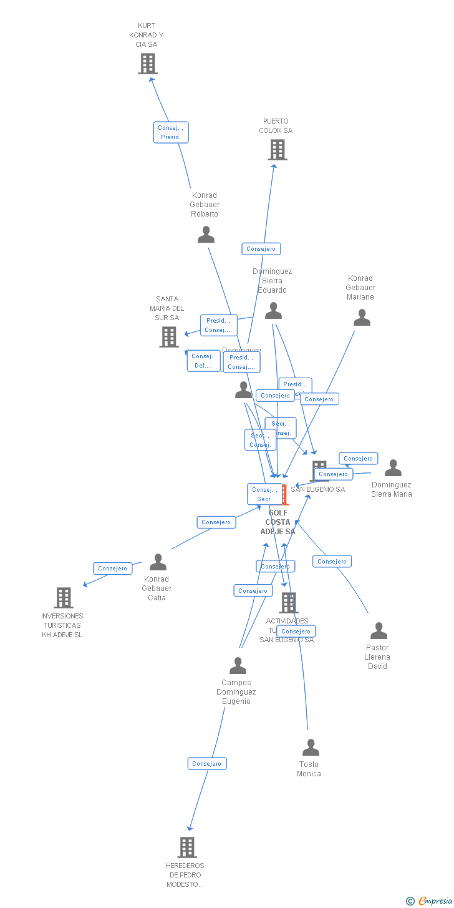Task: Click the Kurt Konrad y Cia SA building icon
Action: pos(148,64)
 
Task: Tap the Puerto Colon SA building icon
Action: pos(278,150)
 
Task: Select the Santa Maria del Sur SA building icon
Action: pos(169,337)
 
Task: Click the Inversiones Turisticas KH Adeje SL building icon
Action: pos(64,598)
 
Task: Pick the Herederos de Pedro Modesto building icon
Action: pos(187,847)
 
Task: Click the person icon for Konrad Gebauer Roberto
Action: pos(206,235)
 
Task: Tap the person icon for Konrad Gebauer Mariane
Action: pos(362,318)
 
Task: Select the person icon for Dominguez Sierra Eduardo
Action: pos(273,311)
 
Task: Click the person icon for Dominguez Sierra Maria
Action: pos(393,468)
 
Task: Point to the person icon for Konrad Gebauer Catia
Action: pos(158,562)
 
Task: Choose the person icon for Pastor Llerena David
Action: pos(379,631)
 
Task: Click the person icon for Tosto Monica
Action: pos(311,748)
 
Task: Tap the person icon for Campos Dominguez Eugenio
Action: pos(238,666)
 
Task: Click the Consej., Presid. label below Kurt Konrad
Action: pos(171,132)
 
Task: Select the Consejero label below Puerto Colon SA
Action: pos(261,249)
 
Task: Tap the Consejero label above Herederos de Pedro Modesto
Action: pos(207,764)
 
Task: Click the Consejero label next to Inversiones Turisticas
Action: pos(113,569)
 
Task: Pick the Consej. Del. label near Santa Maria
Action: pos(203,361)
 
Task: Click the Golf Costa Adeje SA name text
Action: pos(278,522)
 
